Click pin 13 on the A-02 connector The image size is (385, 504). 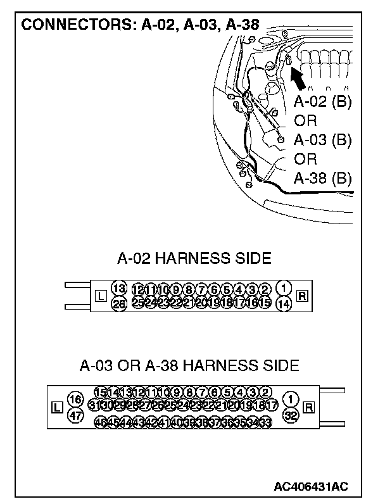point(118,288)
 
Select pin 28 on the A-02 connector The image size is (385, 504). point(118,303)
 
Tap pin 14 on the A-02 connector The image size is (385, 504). point(284,303)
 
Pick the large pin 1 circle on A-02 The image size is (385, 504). point(284,288)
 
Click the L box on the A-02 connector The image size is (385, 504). point(99,296)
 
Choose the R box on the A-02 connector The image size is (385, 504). point(302,296)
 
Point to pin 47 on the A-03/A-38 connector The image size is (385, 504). point(75,415)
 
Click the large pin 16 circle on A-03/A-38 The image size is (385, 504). point(75,400)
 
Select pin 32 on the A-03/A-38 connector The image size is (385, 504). point(291,415)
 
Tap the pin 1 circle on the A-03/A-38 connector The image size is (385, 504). point(291,400)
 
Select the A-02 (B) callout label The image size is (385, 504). point(323,103)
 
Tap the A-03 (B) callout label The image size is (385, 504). point(323,140)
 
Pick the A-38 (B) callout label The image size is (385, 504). point(323,177)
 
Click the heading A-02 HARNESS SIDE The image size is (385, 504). point(194,258)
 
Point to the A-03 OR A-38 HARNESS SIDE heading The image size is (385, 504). point(189,365)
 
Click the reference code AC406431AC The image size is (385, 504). point(311,486)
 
